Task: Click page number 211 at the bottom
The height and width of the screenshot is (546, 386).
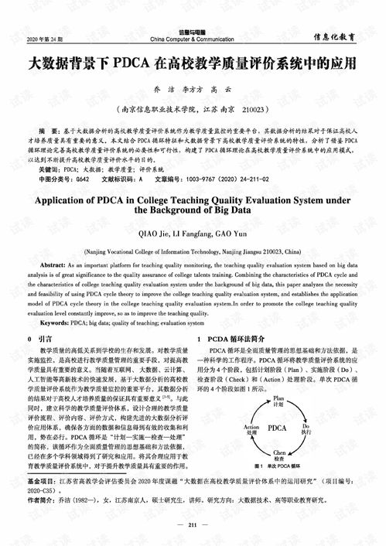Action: pos(193,526)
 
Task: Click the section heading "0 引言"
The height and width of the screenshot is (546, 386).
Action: pos(39,339)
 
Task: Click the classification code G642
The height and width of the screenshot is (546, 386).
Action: pos(77,178)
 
